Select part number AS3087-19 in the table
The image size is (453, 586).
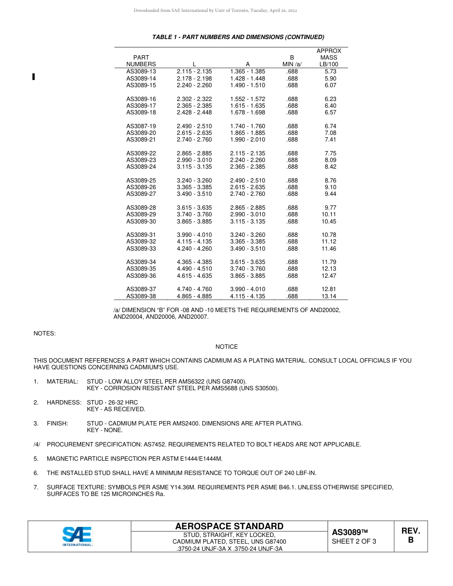coord(141,126)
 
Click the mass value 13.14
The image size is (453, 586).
coord(329,296)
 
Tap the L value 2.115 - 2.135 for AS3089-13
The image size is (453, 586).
coord(194,71)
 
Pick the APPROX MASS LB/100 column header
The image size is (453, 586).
coord(329,58)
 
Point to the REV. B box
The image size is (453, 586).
coord(411,535)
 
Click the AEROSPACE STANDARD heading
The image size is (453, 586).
coord(229,526)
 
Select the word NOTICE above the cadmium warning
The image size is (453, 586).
coord(226,347)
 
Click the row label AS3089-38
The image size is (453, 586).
coord(141,296)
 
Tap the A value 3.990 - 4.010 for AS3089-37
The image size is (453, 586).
coord(247,289)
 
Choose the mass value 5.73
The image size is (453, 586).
coord(330,71)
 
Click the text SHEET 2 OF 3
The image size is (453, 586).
coord(354,541)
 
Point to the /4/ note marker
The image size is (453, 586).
coord(37,445)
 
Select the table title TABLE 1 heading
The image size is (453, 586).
coord(238,37)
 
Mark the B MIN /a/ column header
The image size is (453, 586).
coord(292,61)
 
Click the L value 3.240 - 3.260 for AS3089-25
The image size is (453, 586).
coord(194,181)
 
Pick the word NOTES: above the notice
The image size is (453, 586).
coord(44,333)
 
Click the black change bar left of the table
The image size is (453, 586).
coord(33,76)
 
